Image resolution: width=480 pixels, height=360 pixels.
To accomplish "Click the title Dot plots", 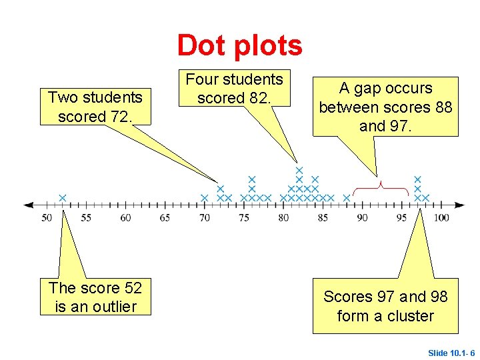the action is point(239,45).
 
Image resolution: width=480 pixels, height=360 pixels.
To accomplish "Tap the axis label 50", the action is point(47,218).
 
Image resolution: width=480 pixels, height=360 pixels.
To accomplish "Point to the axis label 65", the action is point(165,218).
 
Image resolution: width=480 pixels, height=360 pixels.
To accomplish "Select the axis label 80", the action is point(283,218).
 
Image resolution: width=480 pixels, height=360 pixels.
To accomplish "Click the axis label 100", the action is point(441,218).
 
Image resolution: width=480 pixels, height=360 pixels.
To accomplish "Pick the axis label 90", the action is point(363,218).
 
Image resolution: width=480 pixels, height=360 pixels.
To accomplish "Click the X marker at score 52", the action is point(62,197).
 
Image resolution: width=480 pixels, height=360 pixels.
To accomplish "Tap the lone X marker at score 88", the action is point(346,198).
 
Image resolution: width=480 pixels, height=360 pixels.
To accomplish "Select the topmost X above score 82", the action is point(299,170).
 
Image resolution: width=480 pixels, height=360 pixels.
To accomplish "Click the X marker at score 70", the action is point(205,198).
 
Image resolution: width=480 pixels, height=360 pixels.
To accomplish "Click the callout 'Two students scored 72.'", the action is point(95,107).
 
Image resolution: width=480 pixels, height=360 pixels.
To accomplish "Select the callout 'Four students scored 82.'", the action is point(235,89).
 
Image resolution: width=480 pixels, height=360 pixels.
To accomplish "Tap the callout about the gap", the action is point(385,107).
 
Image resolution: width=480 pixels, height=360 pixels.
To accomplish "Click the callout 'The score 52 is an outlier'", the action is point(95,297).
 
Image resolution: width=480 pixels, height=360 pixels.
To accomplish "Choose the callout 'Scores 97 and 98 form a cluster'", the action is point(385,306).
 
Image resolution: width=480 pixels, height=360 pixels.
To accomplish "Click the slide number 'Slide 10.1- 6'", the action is point(451,353).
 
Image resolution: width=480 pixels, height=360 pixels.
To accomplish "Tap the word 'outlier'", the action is point(114,307).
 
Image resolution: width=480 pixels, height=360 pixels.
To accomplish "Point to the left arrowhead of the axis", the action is point(28,205).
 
